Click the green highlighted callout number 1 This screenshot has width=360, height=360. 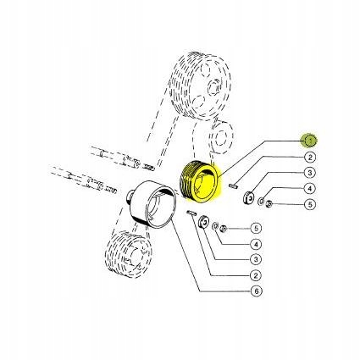(x=310, y=141)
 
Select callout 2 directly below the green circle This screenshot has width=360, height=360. (x=310, y=157)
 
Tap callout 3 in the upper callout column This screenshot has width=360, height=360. (x=310, y=173)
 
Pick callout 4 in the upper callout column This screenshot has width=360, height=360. (x=310, y=188)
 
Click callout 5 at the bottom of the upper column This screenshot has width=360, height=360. (x=310, y=204)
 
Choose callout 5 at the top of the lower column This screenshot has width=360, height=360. (x=257, y=228)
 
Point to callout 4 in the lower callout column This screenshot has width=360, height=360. (x=257, y=244)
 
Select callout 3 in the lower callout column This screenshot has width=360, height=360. (x=257, y=259)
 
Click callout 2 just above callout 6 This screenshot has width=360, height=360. (x=257, y=275)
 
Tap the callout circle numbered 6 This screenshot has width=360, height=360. (x=257, y=291)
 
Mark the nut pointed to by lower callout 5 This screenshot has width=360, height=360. (x=223, y=229)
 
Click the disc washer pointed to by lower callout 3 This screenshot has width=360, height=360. (x=204, y=224)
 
